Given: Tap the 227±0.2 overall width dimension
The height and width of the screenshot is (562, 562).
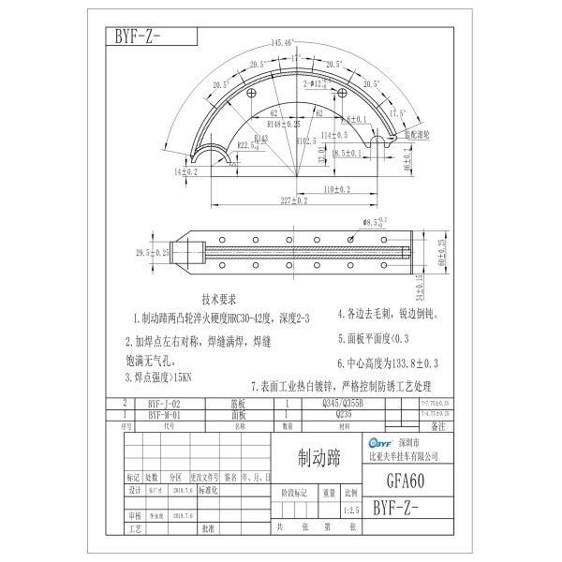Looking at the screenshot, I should click(290, 200).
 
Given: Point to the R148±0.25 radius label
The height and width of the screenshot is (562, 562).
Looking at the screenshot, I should click(284, 123).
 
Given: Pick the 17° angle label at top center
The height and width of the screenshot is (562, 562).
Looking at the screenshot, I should click(296, 57).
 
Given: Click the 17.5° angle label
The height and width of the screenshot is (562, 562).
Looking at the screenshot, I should click(398, 111).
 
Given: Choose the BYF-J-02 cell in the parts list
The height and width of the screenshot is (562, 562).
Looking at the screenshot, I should click(170, 404).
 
